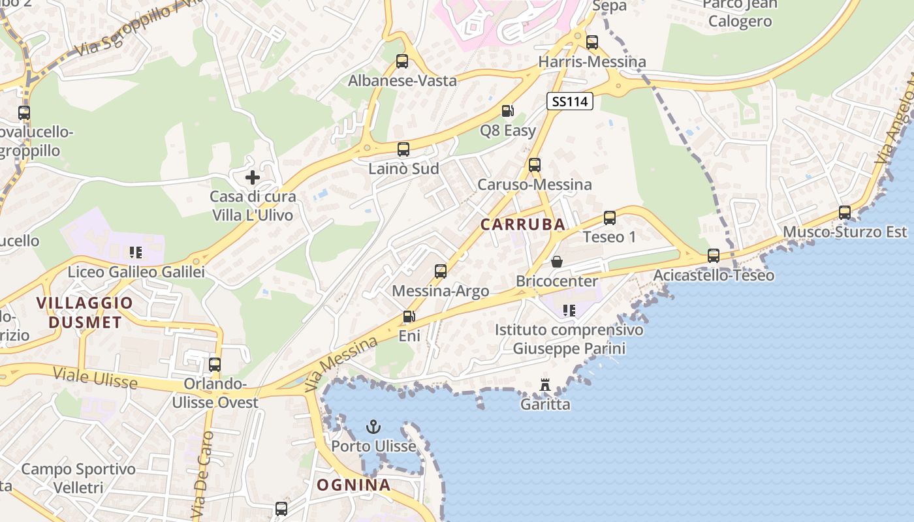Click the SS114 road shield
(x=569, y=101)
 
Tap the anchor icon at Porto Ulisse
(x=373, y=427)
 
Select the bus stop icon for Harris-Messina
(x=591, y=42)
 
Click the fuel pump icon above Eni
(x=409, y=317)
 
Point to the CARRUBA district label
(x=523, y=224)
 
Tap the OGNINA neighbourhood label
(x=354, y=485)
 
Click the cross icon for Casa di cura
(x=253, y=177)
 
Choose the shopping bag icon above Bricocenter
(x=557, y=262)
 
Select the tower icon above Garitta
(x=545, y=386)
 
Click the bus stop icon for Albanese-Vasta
(x=402, y=61)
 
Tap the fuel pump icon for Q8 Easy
(x=507, y=112)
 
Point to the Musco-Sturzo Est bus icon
(x=845, y=213)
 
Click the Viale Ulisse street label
(x=95, y=378)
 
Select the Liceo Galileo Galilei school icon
(x=136, y=253)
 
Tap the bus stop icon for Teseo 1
(x=609, y=218)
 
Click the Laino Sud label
(x=403, y=169)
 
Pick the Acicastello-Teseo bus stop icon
(x=714, y=256)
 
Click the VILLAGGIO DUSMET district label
(x=84, y=313)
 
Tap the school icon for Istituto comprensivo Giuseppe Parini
(x=569, y=311)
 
